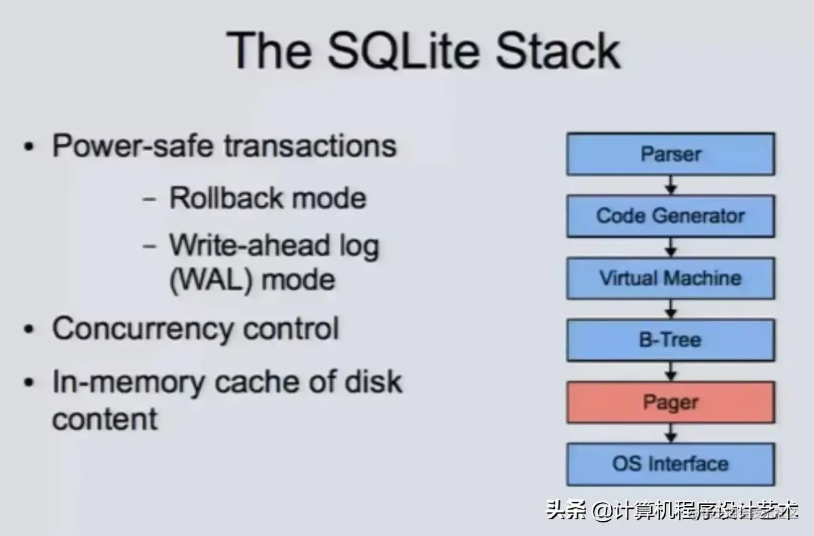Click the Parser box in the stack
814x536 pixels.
pos(670,154)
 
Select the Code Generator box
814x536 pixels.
pos(670,216)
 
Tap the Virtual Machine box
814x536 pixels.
pos(670,277)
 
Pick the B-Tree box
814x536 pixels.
pos(670,339)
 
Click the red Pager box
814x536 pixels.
pos(670,402)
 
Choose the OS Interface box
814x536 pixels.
pos(670,464)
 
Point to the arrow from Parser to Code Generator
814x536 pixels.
pos(670,185)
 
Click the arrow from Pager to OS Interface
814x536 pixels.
pos(670,434)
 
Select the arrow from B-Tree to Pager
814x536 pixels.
pos(670,371)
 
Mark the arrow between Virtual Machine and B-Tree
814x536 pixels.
pos(670,309)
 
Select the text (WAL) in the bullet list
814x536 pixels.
pos(209,279)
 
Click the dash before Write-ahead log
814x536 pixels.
pos(150,246)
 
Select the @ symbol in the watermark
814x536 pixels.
pos(602,511)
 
